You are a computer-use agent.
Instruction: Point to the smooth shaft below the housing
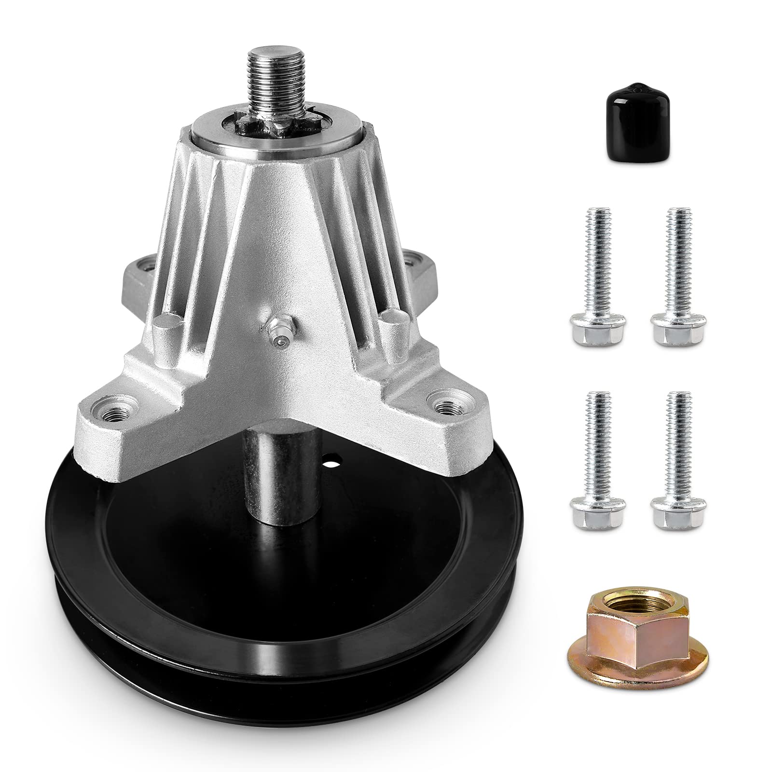[263, 454]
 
